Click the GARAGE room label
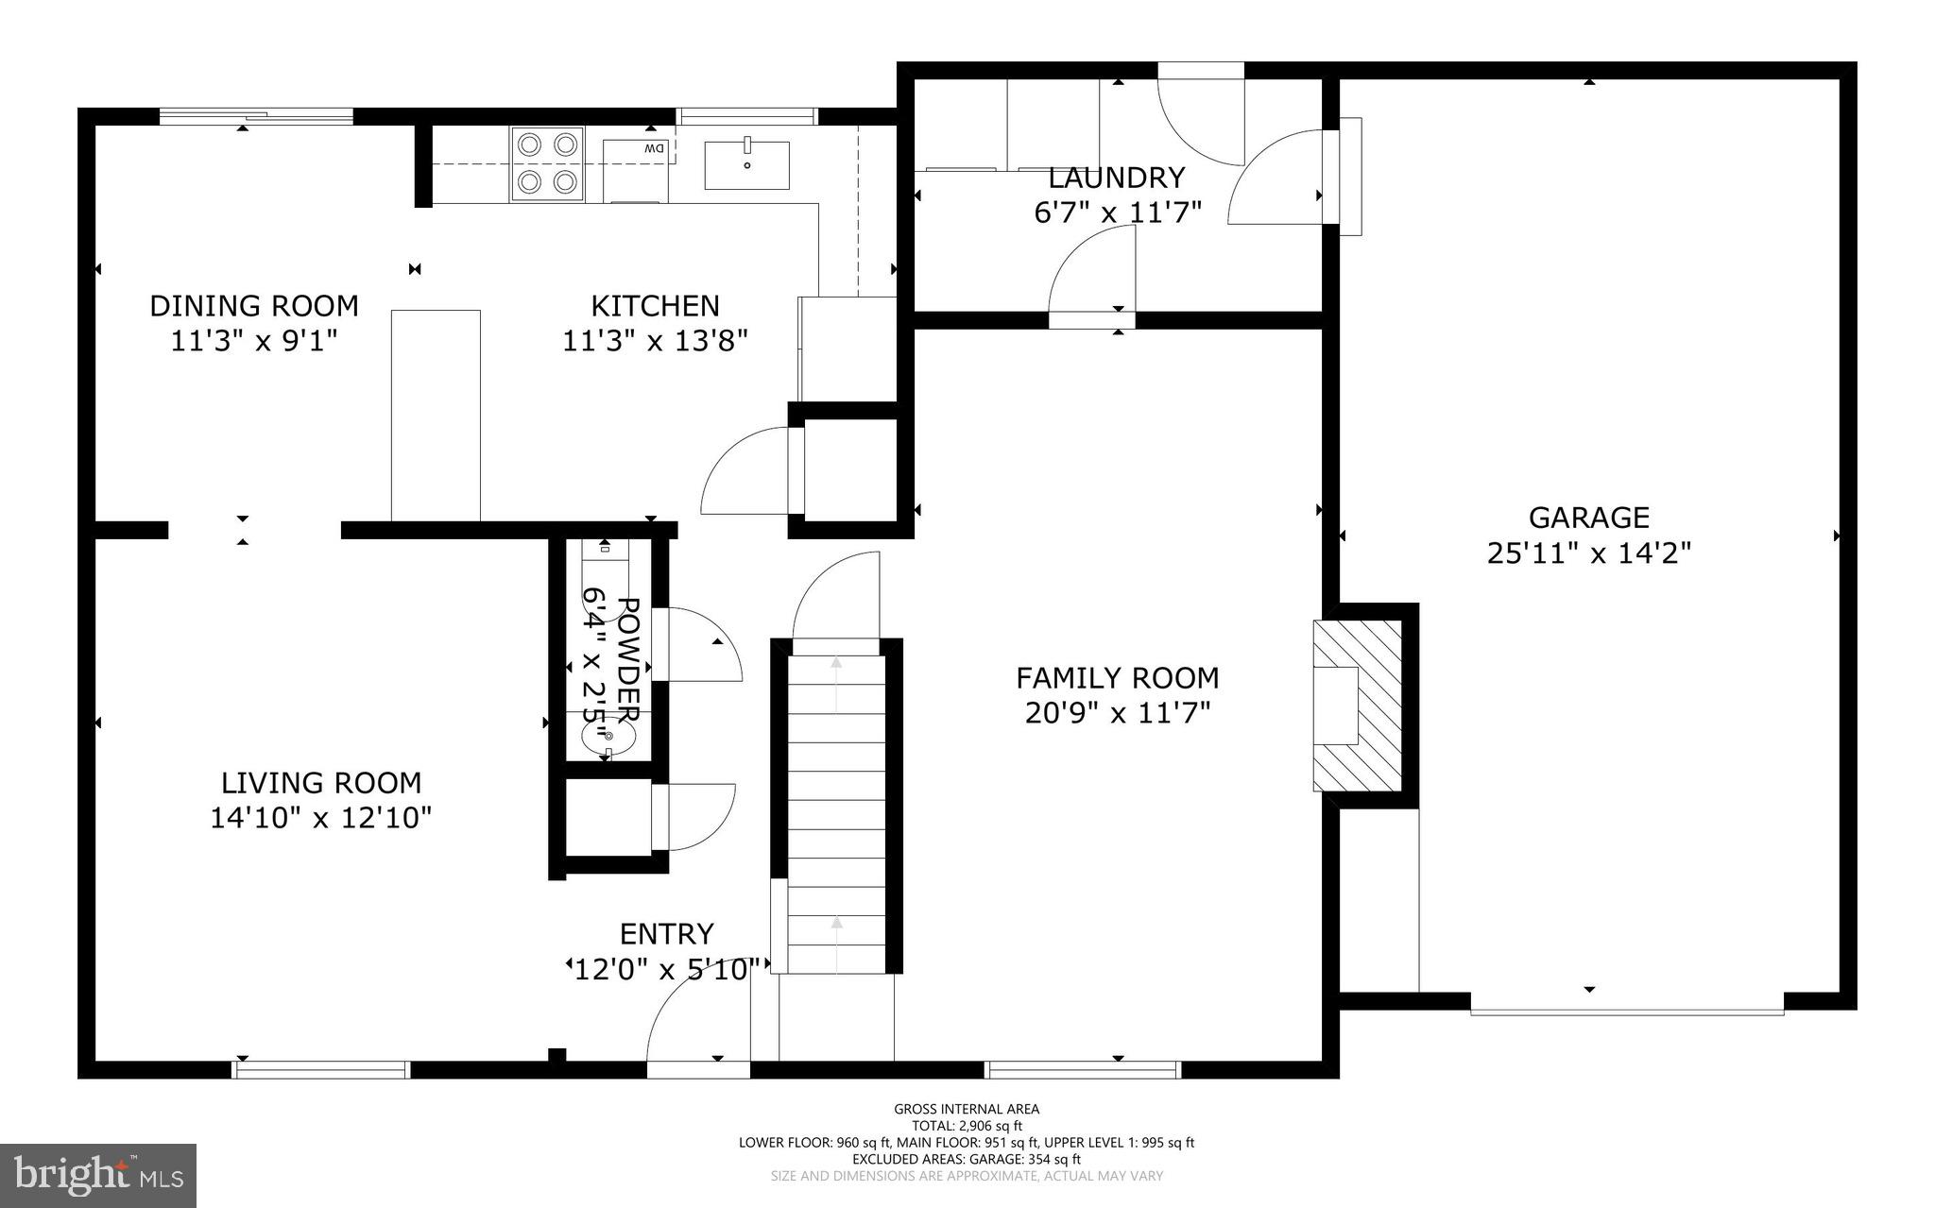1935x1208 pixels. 1588,518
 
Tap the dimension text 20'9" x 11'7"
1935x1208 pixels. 1117,712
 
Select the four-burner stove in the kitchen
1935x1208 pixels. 547,162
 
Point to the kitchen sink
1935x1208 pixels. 746,165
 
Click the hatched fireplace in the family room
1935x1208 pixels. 1357,706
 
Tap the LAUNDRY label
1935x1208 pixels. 1116,178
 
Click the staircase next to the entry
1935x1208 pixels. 837,812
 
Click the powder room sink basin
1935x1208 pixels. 608,736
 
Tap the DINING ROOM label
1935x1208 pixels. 254,306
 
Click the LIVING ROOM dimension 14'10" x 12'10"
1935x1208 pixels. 320,817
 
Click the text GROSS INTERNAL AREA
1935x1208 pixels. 967,1109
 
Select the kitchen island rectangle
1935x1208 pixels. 436,415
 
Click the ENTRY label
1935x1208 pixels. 666,934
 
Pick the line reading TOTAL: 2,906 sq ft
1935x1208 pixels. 967,1126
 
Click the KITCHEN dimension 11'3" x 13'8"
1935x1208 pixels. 655,340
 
